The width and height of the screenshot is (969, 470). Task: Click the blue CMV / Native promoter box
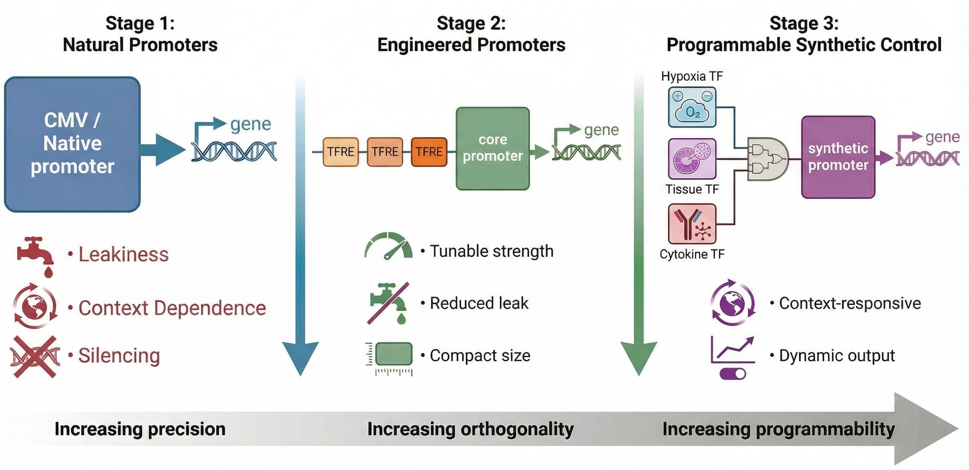pyautogui.click(x=72, y=144)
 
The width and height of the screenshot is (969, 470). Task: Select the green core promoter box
pyautogui.click(x=492, y=148)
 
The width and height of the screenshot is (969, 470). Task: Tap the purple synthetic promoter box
pyautogui.click(x=838, y=157)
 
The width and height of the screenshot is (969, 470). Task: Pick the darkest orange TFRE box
pyautogui.click(x=429, y=152)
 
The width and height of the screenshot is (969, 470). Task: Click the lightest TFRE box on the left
pyautogui.click(x=341, y=152)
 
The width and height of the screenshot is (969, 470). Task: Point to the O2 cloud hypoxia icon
pyautogui.click(x=692, y=108)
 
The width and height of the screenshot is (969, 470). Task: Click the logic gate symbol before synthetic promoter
pyautogui.click(x=767, y=159)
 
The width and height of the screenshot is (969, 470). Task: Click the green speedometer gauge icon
pyautogui.click(x=388, y=247)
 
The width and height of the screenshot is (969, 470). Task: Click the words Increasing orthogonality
pyautogui.click(x=470, y=429)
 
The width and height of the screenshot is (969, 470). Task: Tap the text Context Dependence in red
pyautogui.click(x=172, y=308)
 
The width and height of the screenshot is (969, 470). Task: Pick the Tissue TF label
pyautogui.click(x=692, y=189)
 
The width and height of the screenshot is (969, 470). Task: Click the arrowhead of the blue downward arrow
pyautogui.click(x=300, y=357)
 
